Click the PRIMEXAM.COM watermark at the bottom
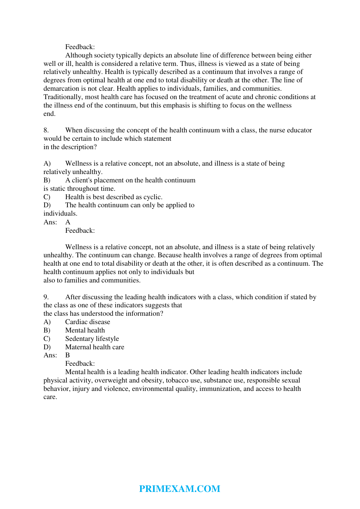[x=180, y=489]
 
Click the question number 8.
[x=46, y=130]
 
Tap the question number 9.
[x=46, y=297]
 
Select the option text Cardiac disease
[x=88, y=322]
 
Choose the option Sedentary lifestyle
[x=92, y=339]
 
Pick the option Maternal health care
[x=95, y=347]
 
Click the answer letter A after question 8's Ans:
[x=68, y=222]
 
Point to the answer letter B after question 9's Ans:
[x=67, y=355]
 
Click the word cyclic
[x=153, y=197]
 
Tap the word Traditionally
[x=63, y=97]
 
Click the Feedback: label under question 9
[x=80, y=364]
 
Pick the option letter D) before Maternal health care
[x=47, y=347]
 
